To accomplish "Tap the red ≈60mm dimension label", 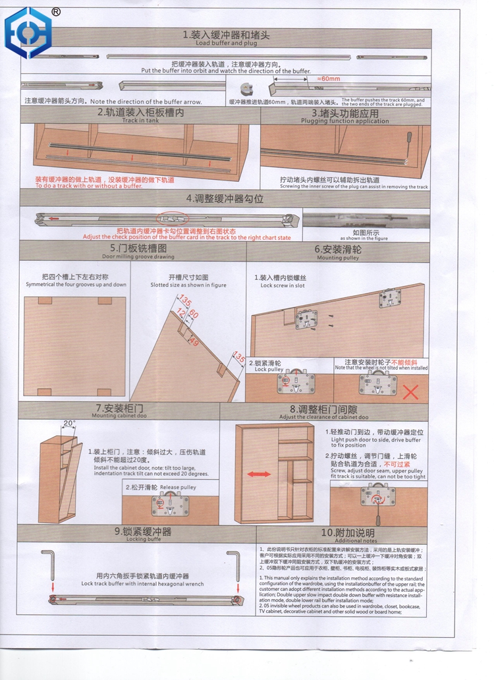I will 329,78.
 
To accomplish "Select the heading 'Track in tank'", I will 140,121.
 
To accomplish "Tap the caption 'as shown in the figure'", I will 364,239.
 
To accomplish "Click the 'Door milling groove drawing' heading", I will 138,256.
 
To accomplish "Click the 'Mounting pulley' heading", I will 338,258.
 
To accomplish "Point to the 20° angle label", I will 69,423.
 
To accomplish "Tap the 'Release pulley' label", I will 178,487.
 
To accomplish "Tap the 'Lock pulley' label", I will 269,370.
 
